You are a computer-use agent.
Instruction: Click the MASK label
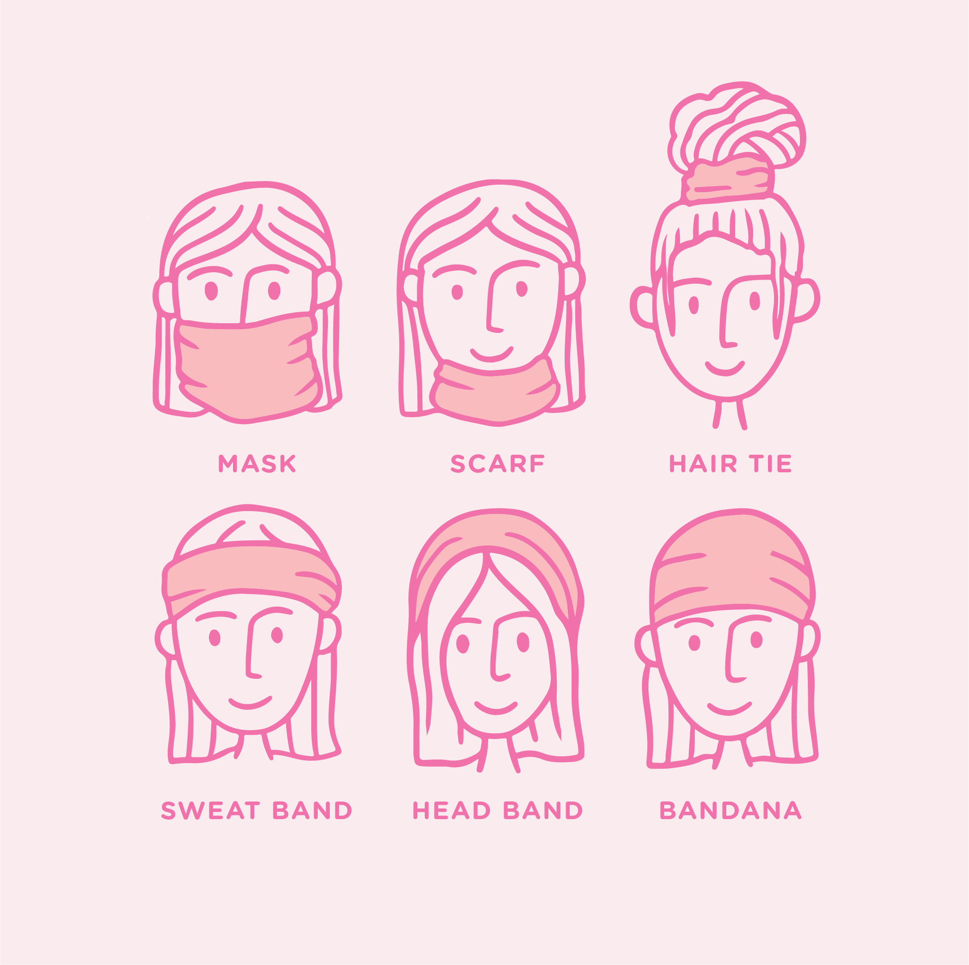[257, 464]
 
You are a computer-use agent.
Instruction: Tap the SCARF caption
[497, 464]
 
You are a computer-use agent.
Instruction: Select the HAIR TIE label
[731, 464]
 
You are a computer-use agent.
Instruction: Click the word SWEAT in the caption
[211, 811]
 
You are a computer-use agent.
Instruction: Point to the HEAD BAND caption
[497, 811]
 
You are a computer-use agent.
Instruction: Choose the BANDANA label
[731, 811]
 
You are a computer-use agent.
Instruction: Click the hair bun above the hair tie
[737, 125]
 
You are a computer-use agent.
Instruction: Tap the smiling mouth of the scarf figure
[491, 354]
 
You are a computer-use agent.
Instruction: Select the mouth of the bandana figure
[729, 708]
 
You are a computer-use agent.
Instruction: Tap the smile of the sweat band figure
[250, 703]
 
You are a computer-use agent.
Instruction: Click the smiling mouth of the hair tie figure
[725, 369]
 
